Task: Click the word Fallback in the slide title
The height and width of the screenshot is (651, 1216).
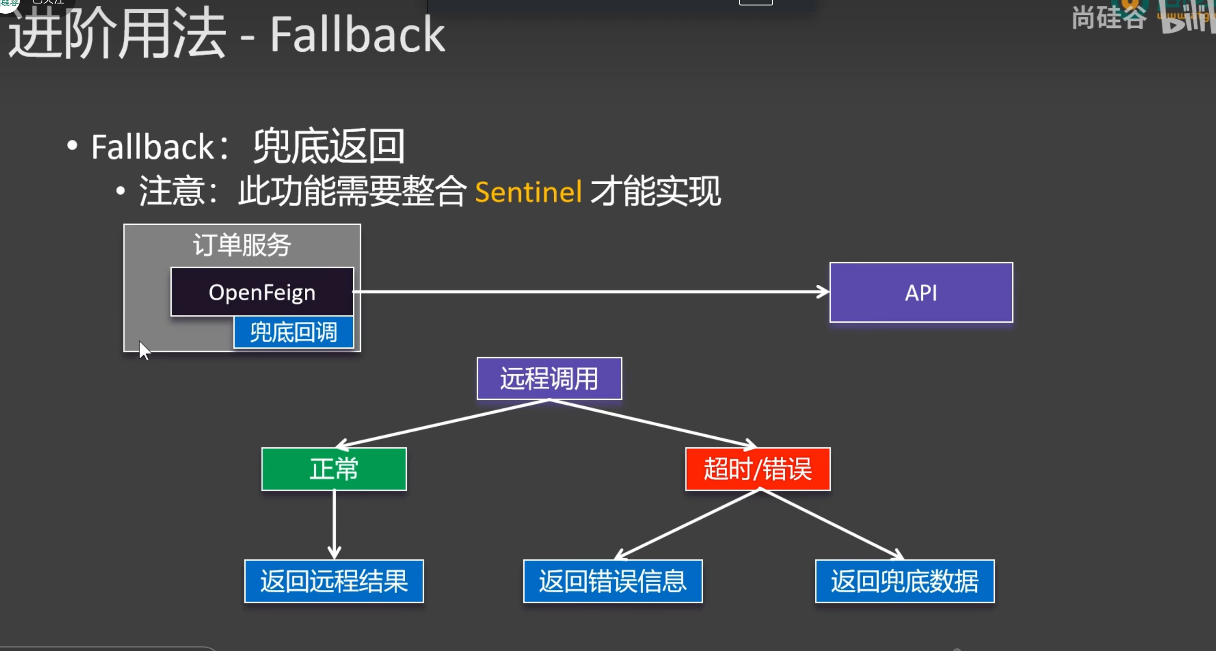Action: (x=357, y=34)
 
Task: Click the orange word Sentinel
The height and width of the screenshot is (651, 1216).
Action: (x=528, y=191)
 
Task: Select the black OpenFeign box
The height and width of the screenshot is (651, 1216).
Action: (x=262, y=292)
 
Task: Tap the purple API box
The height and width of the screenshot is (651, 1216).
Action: (x=921, y=293)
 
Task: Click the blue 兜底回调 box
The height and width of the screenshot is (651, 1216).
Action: (x=293, y=332)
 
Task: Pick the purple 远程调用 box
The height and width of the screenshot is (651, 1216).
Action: (x=549, y=378)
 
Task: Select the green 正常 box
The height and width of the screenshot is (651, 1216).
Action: (x=334, y=469)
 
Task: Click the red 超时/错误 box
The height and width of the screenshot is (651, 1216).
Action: (x=757, y=469)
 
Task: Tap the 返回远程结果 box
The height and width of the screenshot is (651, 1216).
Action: (x=334, y=581)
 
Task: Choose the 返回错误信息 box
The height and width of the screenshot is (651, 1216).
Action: (x=612, y=581)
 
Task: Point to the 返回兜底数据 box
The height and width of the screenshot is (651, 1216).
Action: (x=904, y=581)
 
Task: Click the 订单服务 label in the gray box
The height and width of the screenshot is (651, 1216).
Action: (x=242, y=245)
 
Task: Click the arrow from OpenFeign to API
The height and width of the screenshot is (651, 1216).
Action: (x=590, y=292)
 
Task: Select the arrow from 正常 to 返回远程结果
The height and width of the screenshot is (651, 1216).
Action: (x=334, y=524)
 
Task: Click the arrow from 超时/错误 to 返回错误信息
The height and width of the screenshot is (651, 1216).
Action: (x=687, y=524)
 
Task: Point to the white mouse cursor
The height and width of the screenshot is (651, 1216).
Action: (x=144, y=350)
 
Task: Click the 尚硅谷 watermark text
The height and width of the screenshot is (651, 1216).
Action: (x=1108, y=18)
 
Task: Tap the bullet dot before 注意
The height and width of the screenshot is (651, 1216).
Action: (x=120, y=191)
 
